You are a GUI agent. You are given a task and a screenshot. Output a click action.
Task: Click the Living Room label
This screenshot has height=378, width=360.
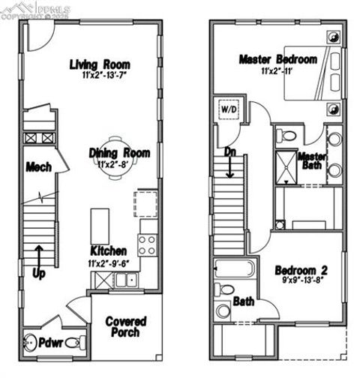(100, 64)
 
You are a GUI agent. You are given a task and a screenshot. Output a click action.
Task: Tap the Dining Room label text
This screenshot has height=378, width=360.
(120, 153)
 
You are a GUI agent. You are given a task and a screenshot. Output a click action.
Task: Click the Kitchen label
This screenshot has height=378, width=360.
(108, 250)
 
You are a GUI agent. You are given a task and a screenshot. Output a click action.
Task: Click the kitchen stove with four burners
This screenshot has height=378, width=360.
(148, 244)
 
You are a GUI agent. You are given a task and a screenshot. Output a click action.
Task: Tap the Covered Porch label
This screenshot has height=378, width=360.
(125, 327)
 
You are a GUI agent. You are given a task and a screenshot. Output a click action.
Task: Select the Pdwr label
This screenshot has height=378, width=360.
(49, 343)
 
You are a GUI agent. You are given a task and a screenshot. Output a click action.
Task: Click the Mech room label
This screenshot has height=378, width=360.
(37, 166)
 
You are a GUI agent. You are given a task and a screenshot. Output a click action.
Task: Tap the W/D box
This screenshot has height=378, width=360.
(227, 109)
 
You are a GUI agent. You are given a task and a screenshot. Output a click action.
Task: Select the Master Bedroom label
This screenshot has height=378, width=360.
(277, 59)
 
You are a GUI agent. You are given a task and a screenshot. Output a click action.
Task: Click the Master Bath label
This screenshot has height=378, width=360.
(310, 160)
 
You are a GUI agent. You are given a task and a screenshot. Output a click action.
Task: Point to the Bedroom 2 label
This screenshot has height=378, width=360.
(300, 270)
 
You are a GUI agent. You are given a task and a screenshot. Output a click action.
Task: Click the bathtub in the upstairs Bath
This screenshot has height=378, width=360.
(234, 268)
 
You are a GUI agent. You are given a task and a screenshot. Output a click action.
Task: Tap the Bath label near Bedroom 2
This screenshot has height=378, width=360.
(243, 301)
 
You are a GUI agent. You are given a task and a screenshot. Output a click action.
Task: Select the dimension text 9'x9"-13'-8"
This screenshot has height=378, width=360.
(300, 282)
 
